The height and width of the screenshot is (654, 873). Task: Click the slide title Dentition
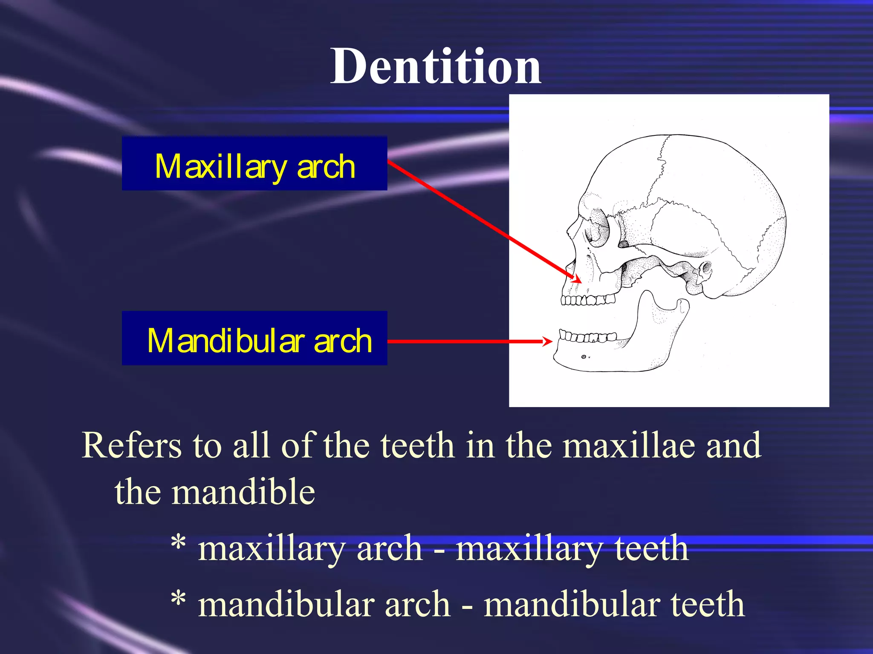click(436, 67)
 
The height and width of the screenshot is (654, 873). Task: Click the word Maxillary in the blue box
click(220, 167)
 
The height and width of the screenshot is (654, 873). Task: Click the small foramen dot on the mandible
click(584, 357)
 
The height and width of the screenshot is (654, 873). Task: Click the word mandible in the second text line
click(243, 492)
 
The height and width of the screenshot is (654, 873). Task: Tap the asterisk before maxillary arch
click(178, 543)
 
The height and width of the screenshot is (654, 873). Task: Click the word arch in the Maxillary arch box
click(326, 167)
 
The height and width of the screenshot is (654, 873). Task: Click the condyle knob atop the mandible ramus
click(683, 305)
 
